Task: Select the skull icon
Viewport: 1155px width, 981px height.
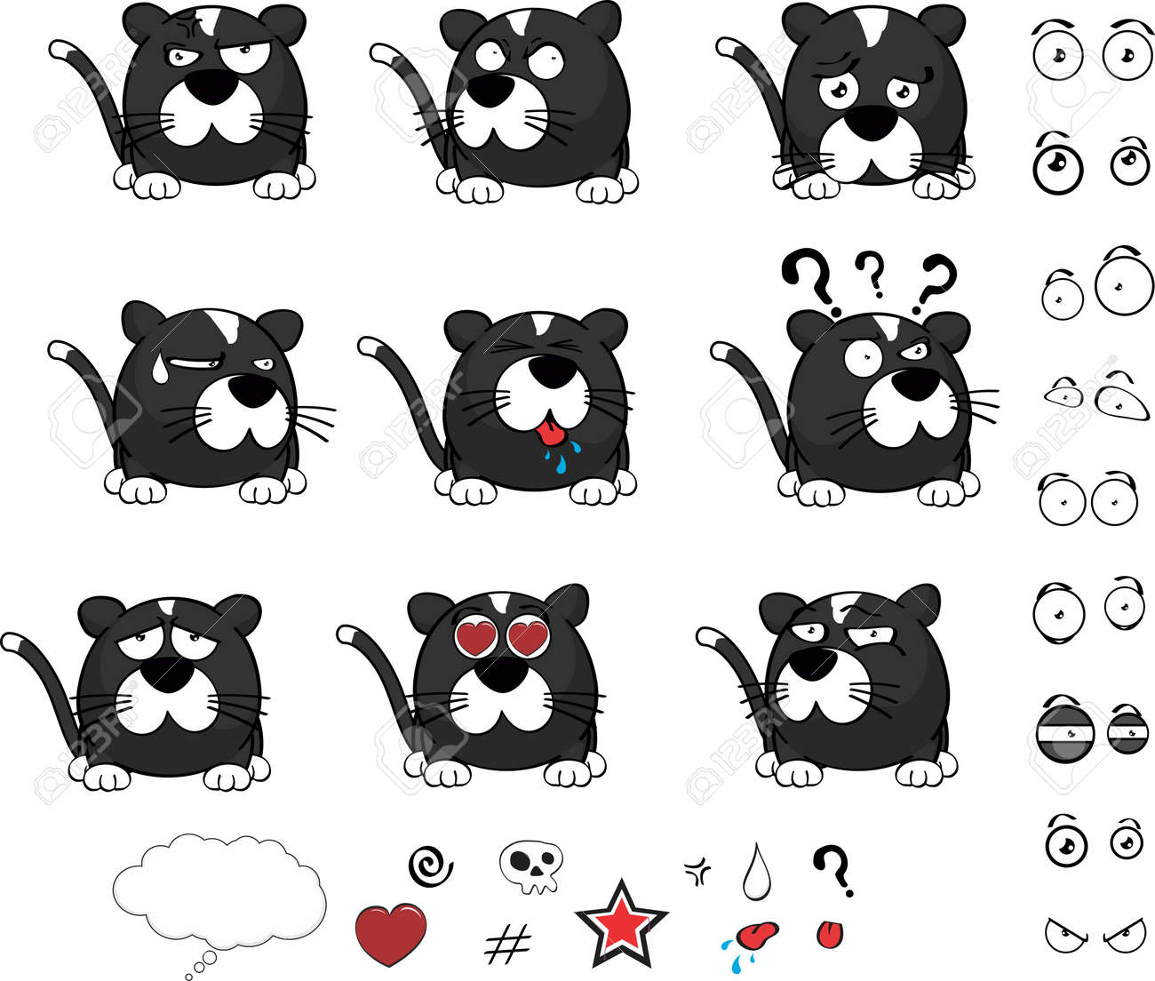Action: point(531,865)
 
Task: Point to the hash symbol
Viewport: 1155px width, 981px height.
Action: point(508,943)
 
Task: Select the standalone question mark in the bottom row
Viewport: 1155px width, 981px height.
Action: point(833,870)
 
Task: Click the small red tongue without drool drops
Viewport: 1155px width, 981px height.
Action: point(831,933)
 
